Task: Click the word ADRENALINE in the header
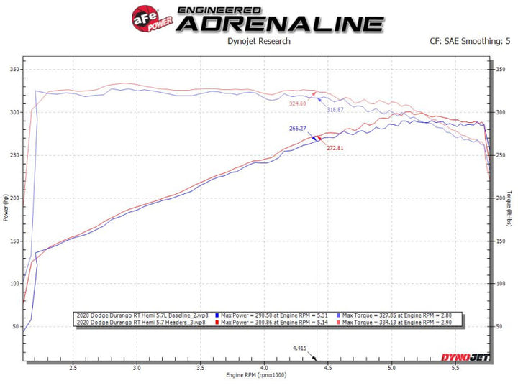281,23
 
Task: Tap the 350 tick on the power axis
14,70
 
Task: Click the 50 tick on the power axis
15,326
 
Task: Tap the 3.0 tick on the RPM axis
137,367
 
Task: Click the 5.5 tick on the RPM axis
454,367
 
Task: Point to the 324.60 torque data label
297,103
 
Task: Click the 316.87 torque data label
335,110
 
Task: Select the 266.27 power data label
297,128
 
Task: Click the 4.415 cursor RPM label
300,348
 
